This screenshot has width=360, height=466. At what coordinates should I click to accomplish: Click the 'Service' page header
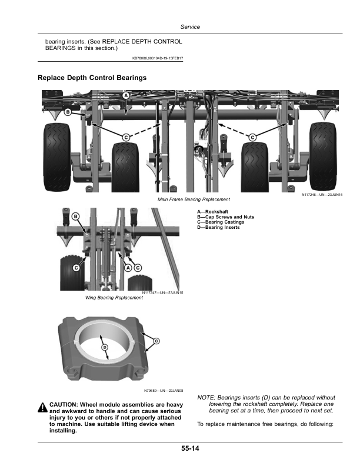click(190, 26)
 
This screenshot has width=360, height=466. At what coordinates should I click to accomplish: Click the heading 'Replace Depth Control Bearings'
click(92, 78)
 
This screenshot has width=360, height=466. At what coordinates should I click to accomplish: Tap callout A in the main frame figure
click(126, 96)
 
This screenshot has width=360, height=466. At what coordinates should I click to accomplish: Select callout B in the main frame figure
click(68, 112)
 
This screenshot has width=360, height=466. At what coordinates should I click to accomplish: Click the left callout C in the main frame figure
click(126, 137)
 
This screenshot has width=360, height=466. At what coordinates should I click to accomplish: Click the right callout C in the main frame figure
click(252, 137)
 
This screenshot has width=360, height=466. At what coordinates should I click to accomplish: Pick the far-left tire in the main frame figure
click(57, 157)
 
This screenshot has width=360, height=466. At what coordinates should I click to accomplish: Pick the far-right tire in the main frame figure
click(323, 157)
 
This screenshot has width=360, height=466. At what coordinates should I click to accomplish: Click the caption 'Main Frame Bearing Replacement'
click(194, 199)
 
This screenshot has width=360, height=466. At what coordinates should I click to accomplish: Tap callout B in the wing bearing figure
click(76, 217)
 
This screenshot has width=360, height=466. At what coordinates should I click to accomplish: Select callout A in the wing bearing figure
click(128, 268)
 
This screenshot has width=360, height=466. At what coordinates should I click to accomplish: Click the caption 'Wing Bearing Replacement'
click(114, 298)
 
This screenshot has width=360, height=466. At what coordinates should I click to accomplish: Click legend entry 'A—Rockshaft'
click(213, 212)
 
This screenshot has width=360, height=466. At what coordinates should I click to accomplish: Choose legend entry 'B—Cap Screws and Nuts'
click(226, 217)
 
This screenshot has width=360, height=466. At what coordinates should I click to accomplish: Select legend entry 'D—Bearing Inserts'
click(218, 227)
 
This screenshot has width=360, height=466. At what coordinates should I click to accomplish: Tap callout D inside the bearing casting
click(105, 347)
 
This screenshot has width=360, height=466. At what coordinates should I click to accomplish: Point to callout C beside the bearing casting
click(156, 341)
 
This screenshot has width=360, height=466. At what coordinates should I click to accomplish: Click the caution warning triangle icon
click(43, 407)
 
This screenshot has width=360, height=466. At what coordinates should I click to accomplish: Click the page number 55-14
click(190, 448)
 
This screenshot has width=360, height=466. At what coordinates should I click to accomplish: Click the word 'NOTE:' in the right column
click(206, 398)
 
